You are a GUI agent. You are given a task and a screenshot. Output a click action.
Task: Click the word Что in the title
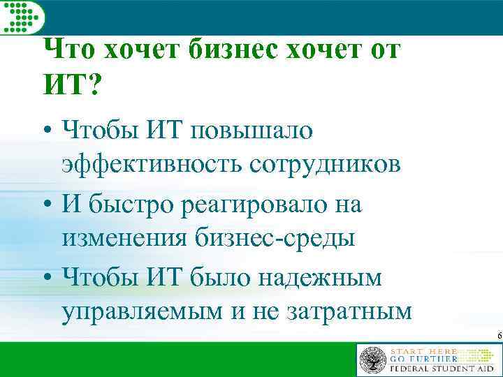[x=70, y=50]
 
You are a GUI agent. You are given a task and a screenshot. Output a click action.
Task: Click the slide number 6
[x=499, y=337]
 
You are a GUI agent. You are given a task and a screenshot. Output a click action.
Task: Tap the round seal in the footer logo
[x=372, y=360]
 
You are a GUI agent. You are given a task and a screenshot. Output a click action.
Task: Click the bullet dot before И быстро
[x=46, y=205]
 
